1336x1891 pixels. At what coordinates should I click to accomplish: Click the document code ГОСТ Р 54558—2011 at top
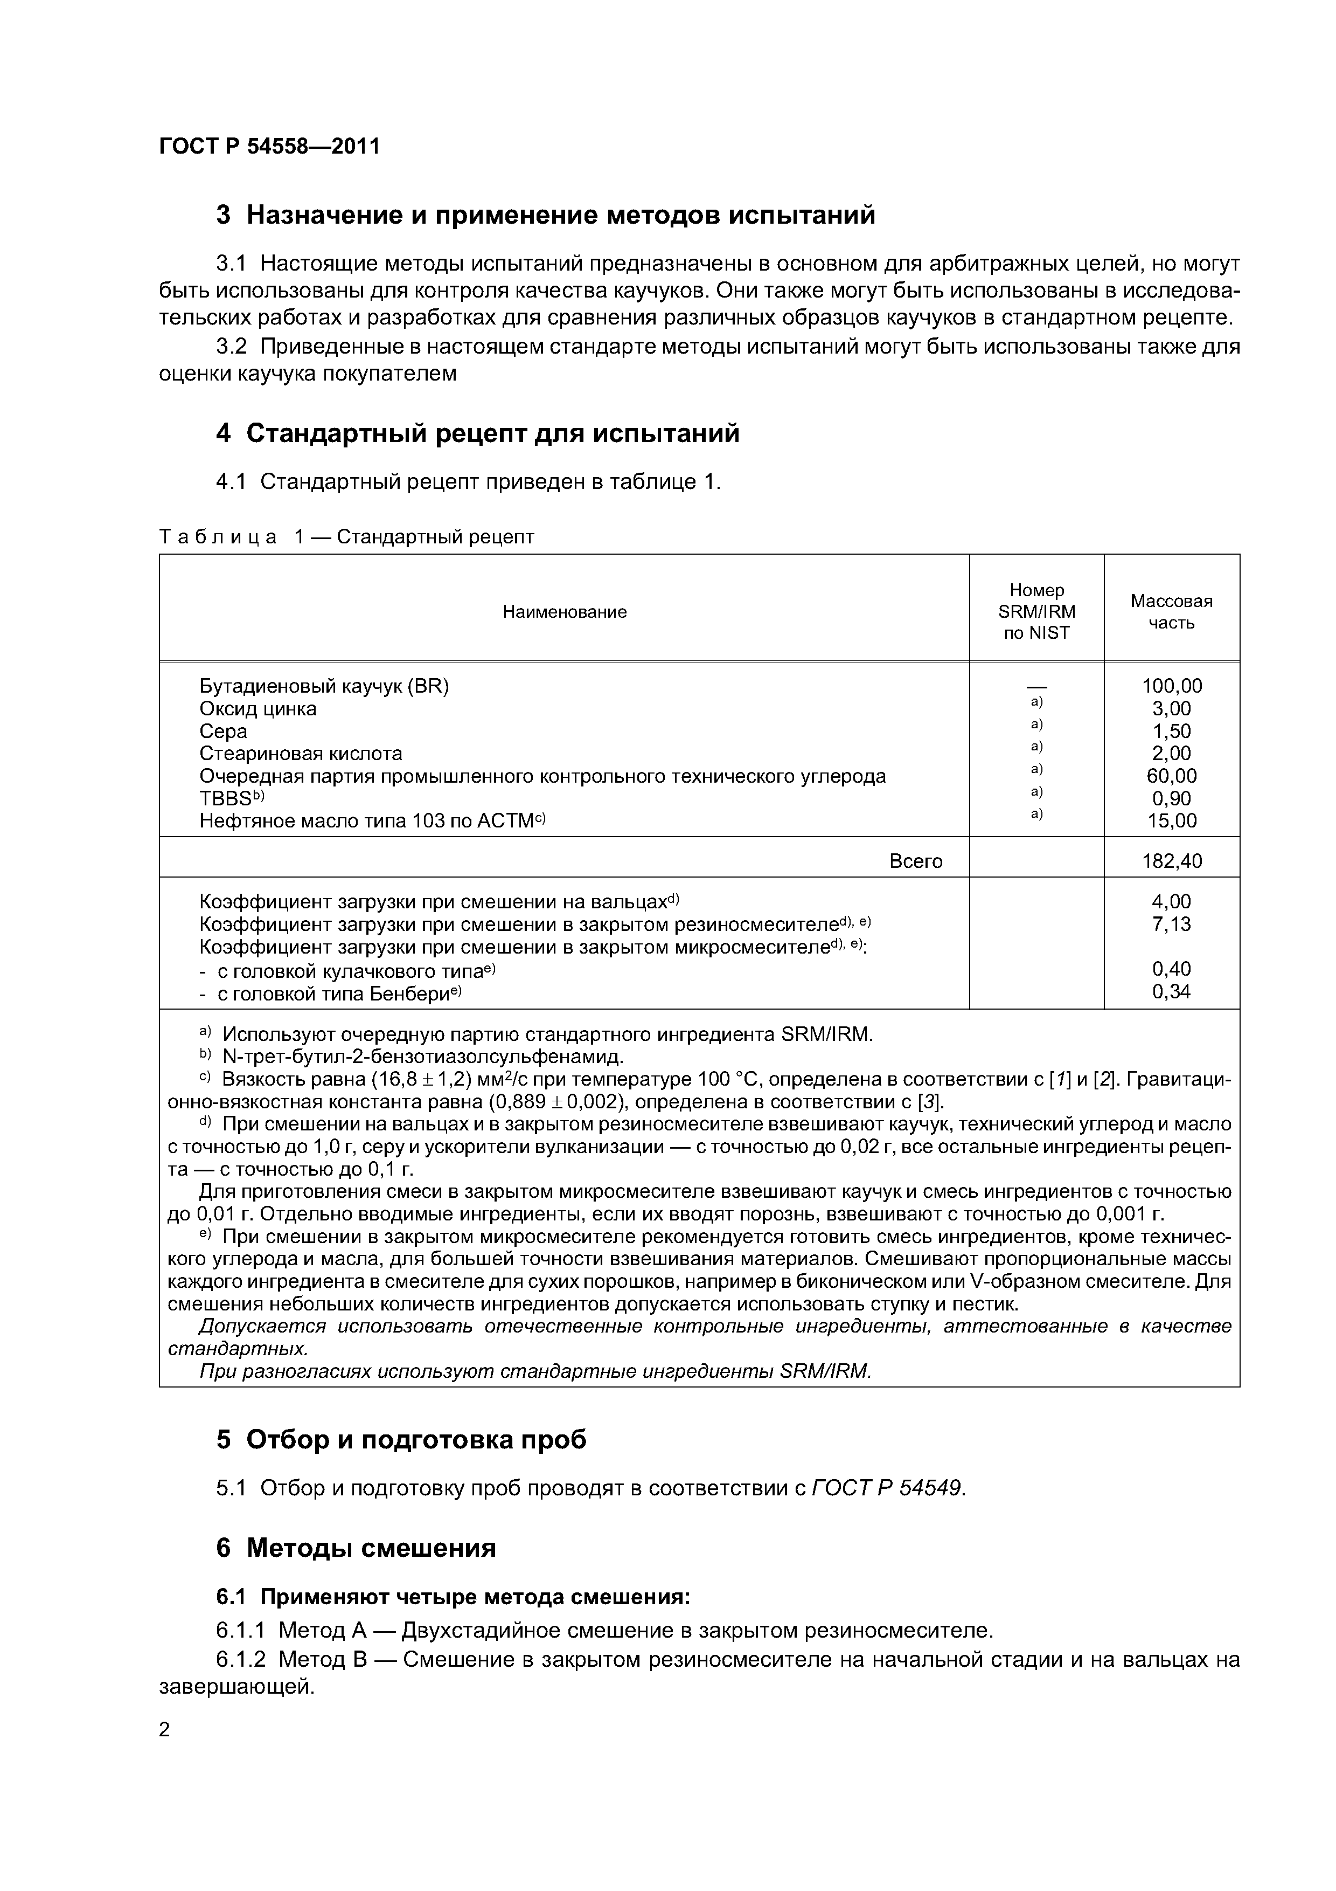click(x=269, y=147)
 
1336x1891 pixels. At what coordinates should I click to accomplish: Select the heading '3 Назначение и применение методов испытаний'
click(x=545, y=215)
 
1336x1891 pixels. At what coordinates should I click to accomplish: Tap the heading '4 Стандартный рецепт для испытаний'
click(x=477, y=433)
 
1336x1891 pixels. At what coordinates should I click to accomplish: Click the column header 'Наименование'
click(x=565, y=611)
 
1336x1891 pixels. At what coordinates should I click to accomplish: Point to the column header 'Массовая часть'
click(x=1171, y=611)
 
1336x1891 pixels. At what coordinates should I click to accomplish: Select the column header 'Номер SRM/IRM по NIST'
click(x=1036, y=611)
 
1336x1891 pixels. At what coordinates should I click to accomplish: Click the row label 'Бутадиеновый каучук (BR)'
click(x=324, y=686)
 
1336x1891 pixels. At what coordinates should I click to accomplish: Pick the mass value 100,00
click(x=1171, y=686)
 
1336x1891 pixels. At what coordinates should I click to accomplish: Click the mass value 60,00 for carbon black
click(x=1171, y=776)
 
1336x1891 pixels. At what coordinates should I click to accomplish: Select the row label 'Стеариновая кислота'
click(x=301, y=754)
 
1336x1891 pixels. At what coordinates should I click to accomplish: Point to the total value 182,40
click(x=1171, y=861)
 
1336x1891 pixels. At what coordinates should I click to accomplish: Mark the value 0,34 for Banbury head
click(x=1171, y=992)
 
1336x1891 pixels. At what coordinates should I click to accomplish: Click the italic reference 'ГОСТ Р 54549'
click(x=886, y=1488)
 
